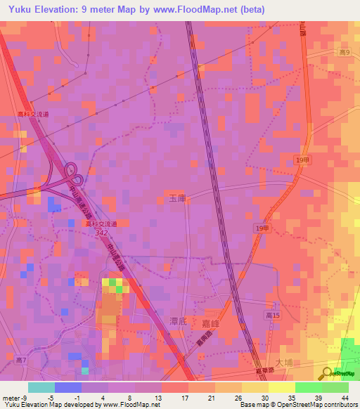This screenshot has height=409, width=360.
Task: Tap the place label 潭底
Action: tap(177, 320)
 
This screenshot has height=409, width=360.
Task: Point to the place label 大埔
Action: tap(283, 363)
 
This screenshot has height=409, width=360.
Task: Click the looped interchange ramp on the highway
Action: tap(72, 171)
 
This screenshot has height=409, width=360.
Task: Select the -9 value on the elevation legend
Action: tap(26, 397)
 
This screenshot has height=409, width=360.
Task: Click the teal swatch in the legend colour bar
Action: tap(41, 387)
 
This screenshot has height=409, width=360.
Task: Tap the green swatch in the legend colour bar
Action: tap(308, 387)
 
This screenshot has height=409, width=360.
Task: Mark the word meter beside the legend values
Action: tap(11, 397)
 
